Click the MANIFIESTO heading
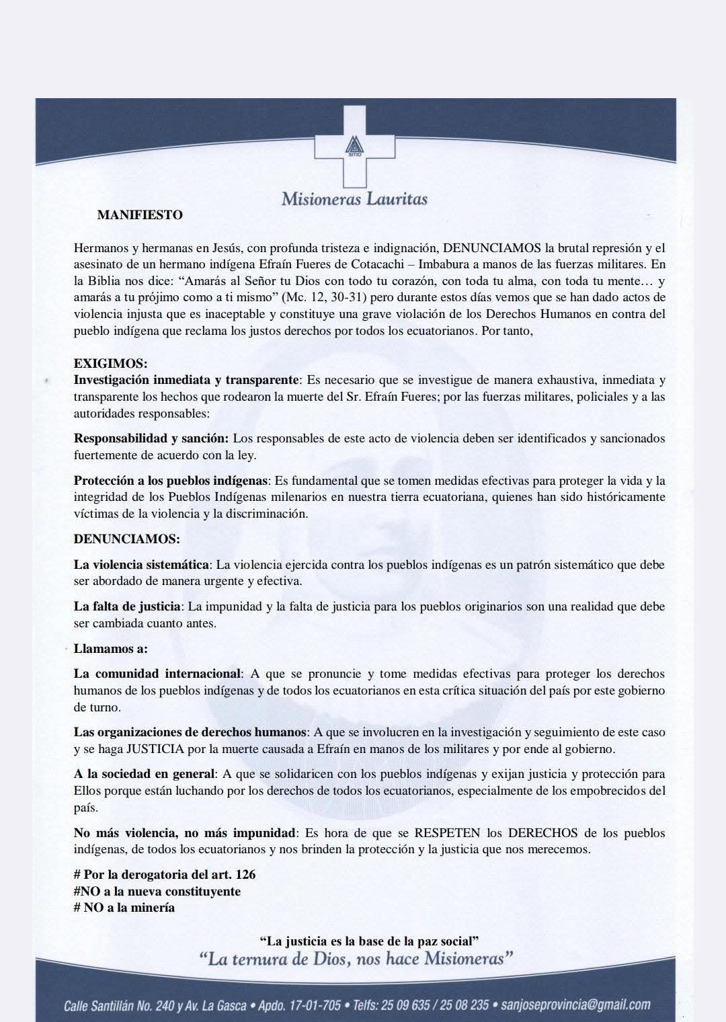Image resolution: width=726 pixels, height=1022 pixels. click(140, 215)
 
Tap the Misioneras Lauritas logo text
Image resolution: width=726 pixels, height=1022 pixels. click(354, 198)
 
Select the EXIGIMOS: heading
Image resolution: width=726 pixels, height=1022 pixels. click(110, 364)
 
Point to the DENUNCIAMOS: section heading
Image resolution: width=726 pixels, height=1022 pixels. click(126, 539)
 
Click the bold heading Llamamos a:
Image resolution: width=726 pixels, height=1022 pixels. click(110, 649)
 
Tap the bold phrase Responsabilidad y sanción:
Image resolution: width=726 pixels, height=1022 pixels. click(151, 438)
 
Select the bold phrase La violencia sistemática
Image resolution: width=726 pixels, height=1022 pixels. click(142, 565)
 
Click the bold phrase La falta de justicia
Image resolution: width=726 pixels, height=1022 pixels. click(127, 606)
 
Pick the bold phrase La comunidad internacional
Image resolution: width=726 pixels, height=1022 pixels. click(157, 674)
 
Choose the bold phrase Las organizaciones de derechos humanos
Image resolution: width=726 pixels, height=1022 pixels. click(190, 732)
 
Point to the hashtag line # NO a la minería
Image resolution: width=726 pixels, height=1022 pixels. click(124, 908)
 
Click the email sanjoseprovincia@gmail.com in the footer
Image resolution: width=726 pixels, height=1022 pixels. click(575, 1005)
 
